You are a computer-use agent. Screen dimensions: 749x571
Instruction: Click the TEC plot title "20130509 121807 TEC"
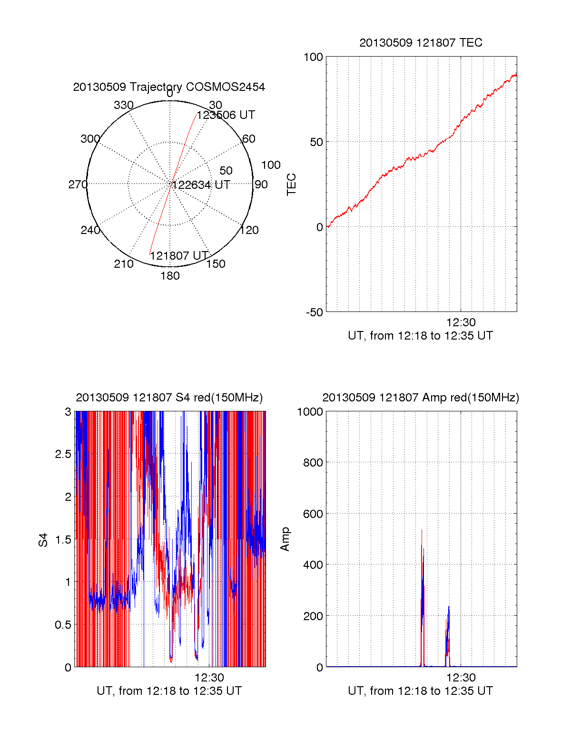421,43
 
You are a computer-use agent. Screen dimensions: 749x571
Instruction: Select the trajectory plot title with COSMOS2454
169,87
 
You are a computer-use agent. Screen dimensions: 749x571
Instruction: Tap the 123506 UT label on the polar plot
226,115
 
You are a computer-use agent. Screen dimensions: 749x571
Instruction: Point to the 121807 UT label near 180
179,256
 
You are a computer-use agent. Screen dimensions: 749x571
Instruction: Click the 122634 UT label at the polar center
201,185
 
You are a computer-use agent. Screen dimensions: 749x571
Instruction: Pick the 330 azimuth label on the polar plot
123,105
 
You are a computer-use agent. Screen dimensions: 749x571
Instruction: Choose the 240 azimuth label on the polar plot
90,230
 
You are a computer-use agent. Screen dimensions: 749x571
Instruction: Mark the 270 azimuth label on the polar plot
78,185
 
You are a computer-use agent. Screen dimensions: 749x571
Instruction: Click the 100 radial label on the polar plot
271,165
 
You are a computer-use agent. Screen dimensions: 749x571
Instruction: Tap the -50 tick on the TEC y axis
314,312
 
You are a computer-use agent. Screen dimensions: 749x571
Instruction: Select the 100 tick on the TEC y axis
313,57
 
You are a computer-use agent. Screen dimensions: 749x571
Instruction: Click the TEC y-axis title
291,185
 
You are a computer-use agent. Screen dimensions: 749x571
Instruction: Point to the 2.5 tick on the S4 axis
63,454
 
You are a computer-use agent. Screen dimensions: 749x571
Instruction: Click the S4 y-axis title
43,540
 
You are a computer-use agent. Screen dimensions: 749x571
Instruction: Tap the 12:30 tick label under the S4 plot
209,678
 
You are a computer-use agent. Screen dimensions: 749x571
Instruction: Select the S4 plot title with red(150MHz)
169,398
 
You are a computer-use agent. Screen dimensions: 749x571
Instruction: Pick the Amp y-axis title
285,539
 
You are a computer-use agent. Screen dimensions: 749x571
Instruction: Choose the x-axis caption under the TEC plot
420,336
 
